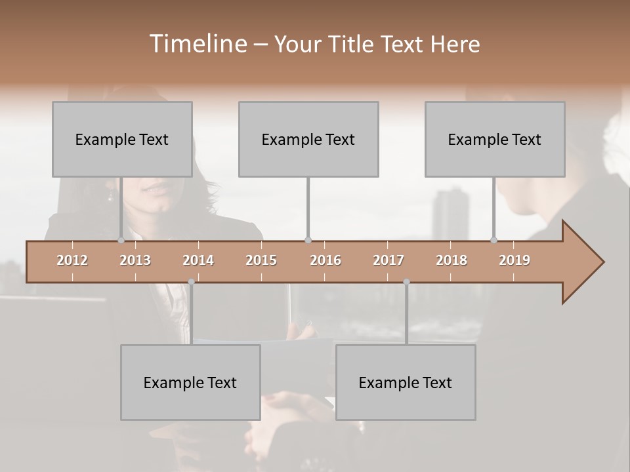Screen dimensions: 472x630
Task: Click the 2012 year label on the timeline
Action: tap(72, 260)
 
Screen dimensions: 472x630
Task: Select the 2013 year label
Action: tap(135, 260)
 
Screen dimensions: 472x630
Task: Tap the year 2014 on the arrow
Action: tap(198, 260)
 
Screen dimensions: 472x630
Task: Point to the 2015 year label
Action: tap(261, 260)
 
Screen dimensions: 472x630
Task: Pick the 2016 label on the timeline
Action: tap(325, 260)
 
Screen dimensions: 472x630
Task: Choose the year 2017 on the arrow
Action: tap(388, 260)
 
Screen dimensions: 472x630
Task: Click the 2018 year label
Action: tap(451, 260)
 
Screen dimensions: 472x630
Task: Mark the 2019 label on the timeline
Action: tap(514, 260)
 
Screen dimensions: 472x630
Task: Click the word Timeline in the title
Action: tap(196, 44)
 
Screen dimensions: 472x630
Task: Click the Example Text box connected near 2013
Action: tap(122, 139)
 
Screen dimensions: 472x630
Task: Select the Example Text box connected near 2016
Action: tap(308, 139)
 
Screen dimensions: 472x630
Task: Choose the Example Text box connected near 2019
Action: tap(495, 139)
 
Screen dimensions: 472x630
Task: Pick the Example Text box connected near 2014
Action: tap(190, 382)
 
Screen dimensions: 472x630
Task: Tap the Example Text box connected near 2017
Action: tap(406, 382)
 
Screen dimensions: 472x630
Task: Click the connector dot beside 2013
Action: tap(121, 240)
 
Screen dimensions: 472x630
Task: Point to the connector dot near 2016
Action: tap(308, 240)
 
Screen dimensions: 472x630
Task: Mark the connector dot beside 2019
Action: tap(494, 240)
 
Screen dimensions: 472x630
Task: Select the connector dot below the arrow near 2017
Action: tap(406, 282)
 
